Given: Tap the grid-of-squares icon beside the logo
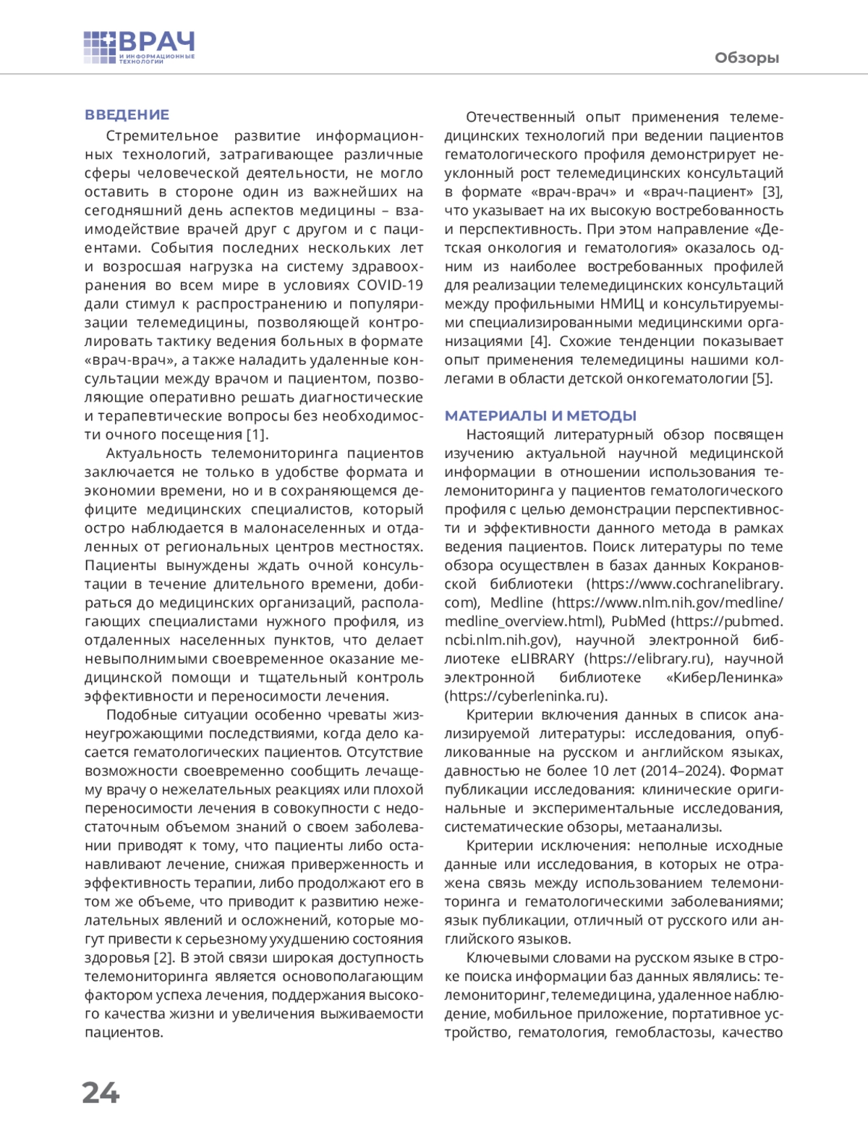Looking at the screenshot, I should [99, 48].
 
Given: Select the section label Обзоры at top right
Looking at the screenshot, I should [746, 58].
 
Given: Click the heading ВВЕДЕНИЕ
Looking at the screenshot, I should [127, 114].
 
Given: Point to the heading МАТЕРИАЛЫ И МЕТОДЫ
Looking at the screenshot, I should [540, 415].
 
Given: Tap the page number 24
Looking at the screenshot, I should [101, 1092].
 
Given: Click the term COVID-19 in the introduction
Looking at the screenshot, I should [390, 284].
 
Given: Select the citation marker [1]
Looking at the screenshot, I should [257, 434].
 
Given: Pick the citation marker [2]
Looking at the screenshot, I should [163, 957].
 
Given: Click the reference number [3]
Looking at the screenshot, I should [773, 192].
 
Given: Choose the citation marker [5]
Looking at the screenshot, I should [762, 378].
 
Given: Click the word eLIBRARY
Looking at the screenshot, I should [542, 658].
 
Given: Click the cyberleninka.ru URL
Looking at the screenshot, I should [526, 696].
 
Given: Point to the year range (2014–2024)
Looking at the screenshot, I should [692, 771].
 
